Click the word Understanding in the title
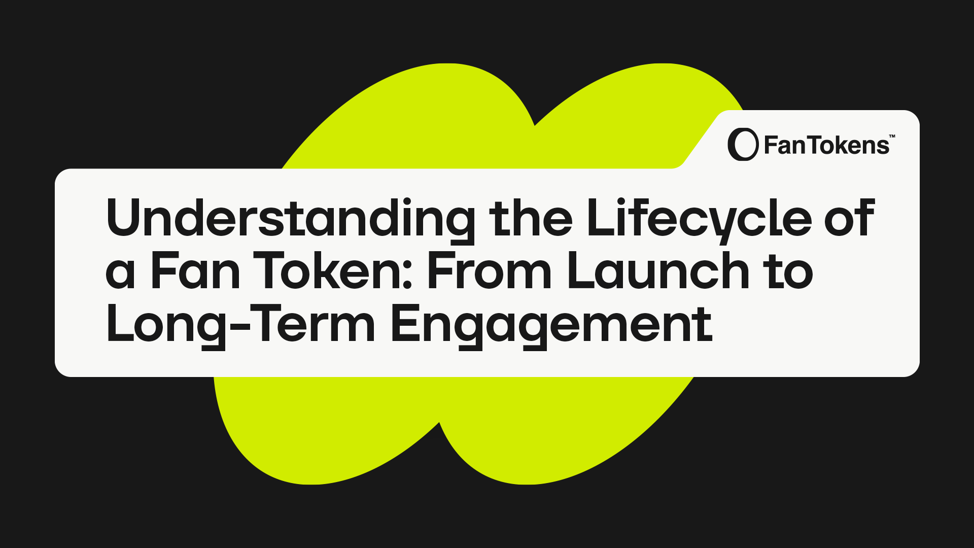coord(291,220)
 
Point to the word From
coord(490,271)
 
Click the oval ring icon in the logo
coord(743,145)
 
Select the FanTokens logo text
coord(827,146)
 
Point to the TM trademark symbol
coord(892,136)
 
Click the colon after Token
coord(407,277)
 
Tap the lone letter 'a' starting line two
coord(121,276)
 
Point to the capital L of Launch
coord(582,271)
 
